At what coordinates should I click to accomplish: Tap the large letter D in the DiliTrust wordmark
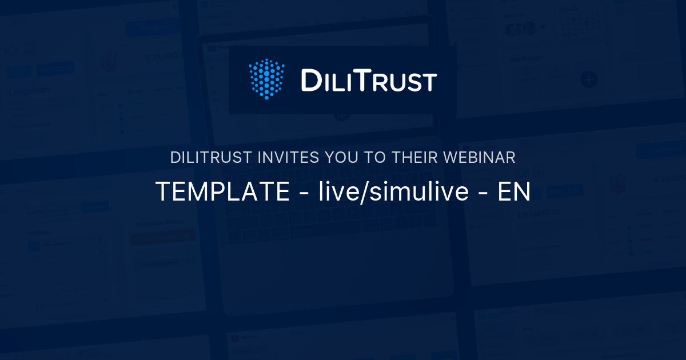(x=311, y=81)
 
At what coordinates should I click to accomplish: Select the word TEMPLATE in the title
(x=222, y=193)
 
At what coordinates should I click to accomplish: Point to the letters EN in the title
(x=514, y=193)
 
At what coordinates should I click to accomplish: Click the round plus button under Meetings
(x=589, y=79)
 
